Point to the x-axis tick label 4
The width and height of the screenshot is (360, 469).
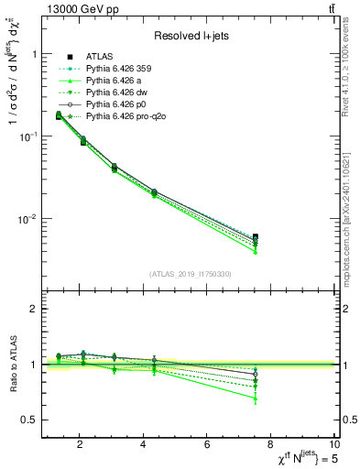click(143, 443)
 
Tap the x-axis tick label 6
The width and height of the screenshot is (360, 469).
click(208, 443)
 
